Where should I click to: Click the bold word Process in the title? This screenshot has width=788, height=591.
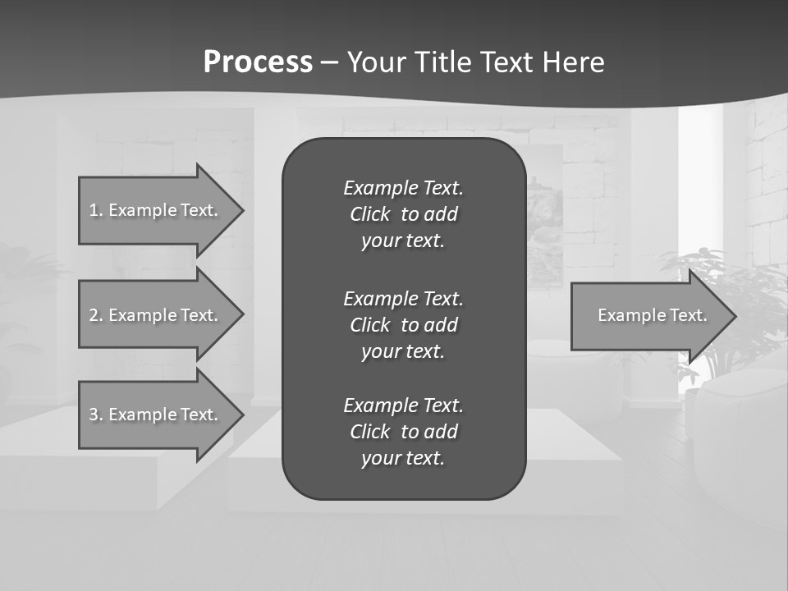pos(258,62)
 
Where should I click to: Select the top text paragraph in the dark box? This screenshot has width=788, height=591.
pos(403,214)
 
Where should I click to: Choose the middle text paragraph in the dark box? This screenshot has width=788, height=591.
pos(403,325)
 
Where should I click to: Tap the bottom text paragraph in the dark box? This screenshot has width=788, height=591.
pos(403,432)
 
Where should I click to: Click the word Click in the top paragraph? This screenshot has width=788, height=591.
pos(369,214)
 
